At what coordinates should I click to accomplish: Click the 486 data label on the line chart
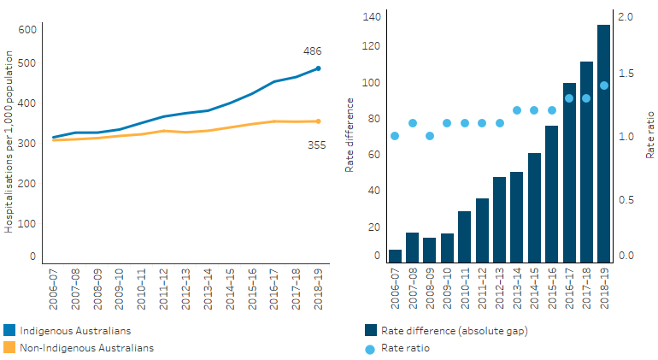coord(313,51)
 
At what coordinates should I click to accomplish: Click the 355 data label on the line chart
coord(316,145)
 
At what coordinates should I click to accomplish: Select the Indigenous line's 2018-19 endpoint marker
coord(318,68)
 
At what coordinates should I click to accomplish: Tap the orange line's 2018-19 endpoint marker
coord(318,121)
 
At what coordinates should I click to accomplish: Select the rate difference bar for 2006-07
coord(395,256)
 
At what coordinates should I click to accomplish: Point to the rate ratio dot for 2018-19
coord(603,85)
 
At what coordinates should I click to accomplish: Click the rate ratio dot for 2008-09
coord(430,136)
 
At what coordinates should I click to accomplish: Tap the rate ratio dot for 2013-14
coord(516,110)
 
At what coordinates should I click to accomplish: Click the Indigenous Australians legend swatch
coord(9,330)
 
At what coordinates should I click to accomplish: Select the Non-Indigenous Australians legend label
coord(87,348)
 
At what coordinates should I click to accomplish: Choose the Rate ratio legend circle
coord(369,348)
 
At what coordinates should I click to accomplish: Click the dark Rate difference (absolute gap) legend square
coord(370,330)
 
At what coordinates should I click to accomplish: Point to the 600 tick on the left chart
coord(26,29)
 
